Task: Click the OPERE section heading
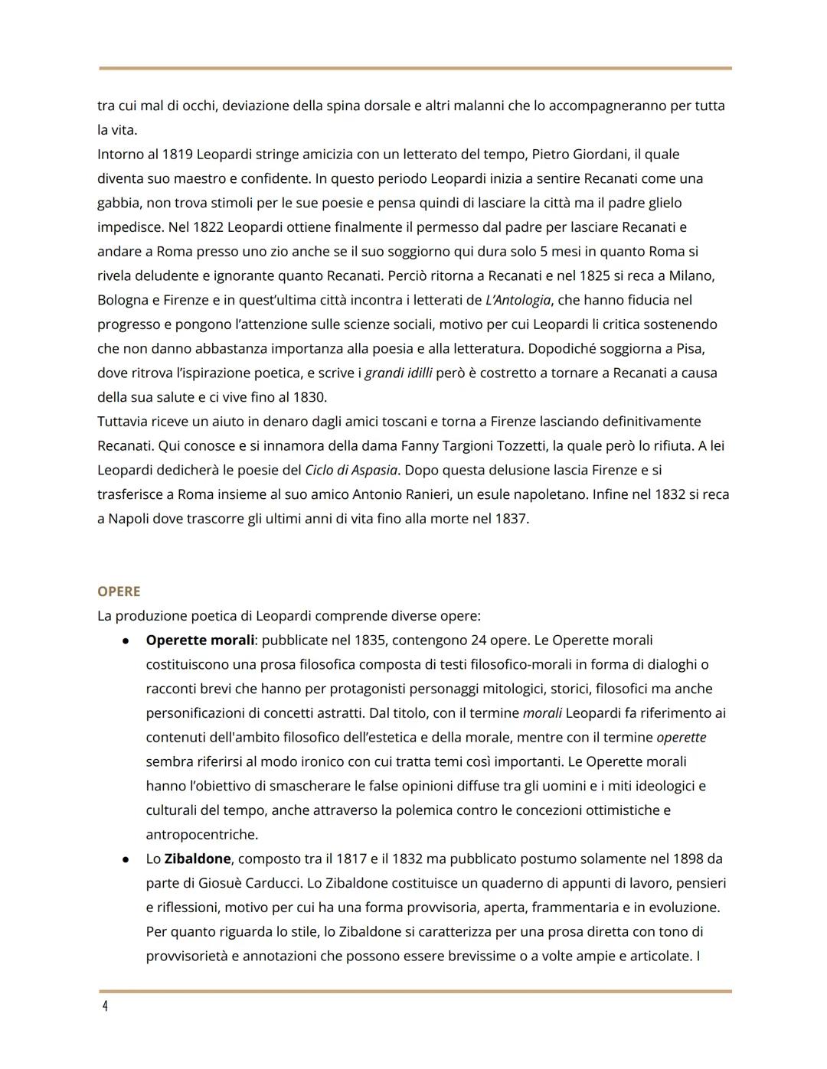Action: (119, 592)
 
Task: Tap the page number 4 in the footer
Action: (105, 1005)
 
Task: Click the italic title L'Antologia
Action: (518, 300)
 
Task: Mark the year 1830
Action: (309, 397)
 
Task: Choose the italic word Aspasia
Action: (374, 470)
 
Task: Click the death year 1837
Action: (510, 519)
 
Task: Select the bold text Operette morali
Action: (200, 640)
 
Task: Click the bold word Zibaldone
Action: (198, 859)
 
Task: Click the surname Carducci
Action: (273, 883)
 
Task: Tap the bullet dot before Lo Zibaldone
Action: (125, 859)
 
